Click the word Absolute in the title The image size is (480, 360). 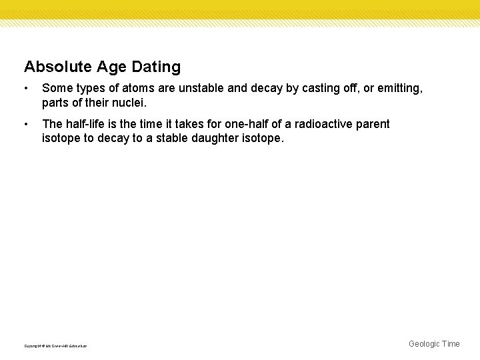[51, 67]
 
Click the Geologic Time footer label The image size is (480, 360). [434, 344]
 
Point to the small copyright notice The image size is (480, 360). [55, 345]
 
